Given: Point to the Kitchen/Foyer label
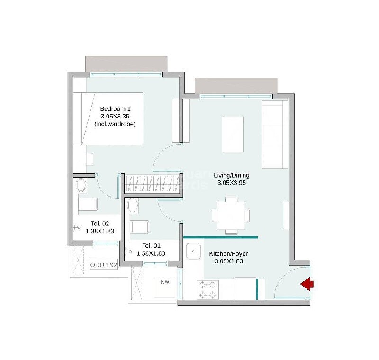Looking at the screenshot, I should (229, 254).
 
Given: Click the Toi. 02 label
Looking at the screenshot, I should (100, 224).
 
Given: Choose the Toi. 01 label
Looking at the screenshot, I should (151, 245).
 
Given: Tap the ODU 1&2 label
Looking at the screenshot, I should (104, 265).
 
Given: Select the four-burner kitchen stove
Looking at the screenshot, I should (208, 289).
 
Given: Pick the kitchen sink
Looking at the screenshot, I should (194, 251).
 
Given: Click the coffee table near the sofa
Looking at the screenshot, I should (233, 134).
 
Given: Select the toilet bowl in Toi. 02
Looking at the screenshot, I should (81, 185).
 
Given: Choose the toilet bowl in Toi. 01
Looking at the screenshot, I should (133, 206).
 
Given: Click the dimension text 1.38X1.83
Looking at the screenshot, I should (100, 231).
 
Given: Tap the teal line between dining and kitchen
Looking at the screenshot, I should (220, 237).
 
